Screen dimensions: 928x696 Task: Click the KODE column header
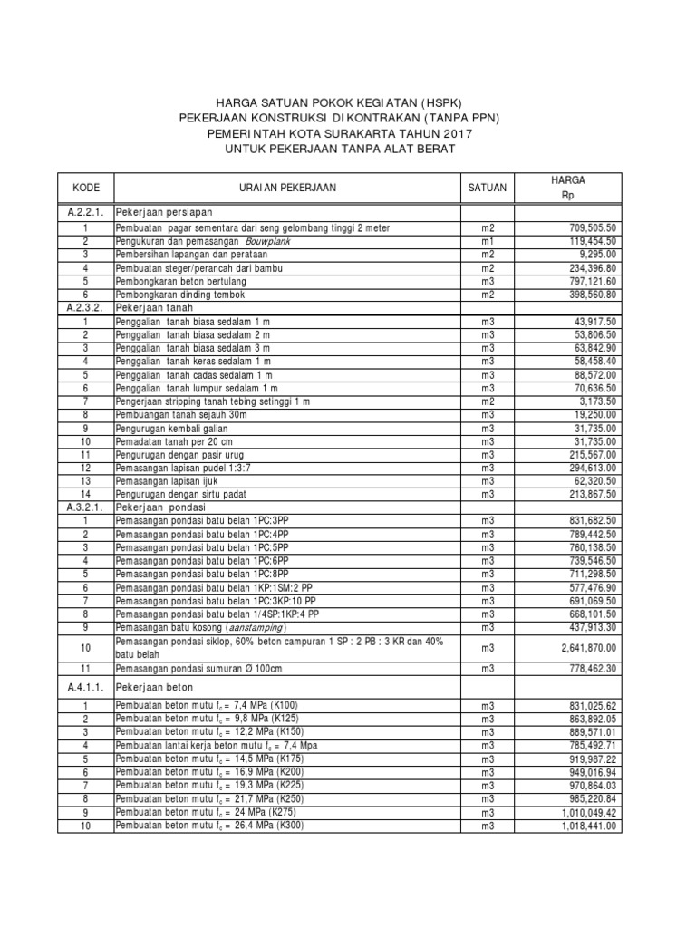click(x=86, y=188)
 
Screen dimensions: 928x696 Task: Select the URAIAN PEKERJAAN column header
click(x=287, y=188)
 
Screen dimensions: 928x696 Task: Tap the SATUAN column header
click(x=488, y=188)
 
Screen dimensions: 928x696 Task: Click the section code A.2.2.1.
click(x=86, y=212)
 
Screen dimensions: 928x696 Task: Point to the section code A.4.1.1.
click(x=86, y=689)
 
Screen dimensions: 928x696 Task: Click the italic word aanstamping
click(x=246, y=626)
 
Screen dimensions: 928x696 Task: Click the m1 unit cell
click(x=488, y=242)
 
